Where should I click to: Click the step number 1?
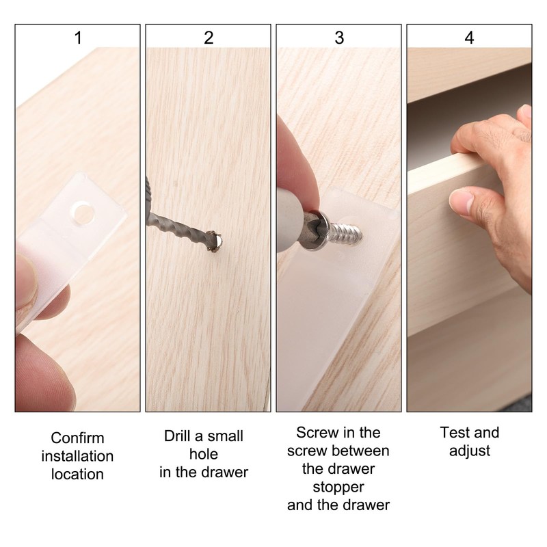(78, 38)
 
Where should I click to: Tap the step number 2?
(209, 38)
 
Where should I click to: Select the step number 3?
(339, 38)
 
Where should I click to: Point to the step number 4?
(469, 38)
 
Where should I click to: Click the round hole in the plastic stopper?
(83, 213)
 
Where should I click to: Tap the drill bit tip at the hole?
(214, 241)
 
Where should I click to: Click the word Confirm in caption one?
(77, 438)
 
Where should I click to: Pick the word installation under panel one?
(77, 456)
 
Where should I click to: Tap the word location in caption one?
(77, 474)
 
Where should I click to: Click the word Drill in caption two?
(178, 436)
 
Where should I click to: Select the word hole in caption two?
(204, 454)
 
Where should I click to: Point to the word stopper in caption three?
(338, 488)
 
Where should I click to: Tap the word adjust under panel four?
(470, 451)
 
